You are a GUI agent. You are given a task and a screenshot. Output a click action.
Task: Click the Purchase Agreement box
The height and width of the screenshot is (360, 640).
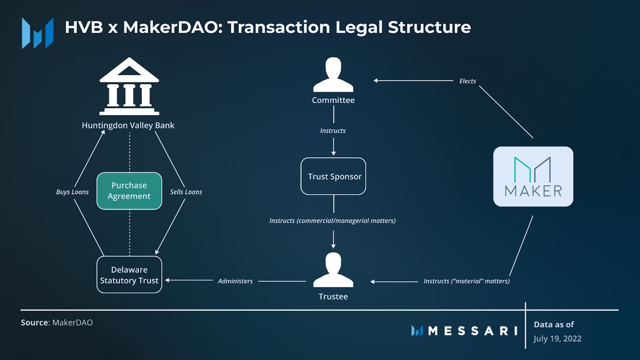[129, 191]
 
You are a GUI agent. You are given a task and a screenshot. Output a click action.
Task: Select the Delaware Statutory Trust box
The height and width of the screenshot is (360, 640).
[129, 275]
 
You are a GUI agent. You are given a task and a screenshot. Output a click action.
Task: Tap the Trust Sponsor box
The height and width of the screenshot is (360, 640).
[333, 176]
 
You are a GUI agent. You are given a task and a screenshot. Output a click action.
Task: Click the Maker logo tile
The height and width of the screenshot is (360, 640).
[533, 176]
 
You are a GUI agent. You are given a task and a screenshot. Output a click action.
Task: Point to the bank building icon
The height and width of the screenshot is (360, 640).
[129, 87]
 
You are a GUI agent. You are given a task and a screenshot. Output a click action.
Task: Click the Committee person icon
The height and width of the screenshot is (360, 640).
[333, 75]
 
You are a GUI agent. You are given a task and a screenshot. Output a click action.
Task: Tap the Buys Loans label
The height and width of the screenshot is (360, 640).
[72, 192]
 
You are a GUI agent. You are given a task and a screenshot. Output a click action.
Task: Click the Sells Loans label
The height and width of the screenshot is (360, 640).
[186, 192]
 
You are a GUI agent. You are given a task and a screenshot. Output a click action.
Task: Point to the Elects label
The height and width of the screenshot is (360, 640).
[468, 81]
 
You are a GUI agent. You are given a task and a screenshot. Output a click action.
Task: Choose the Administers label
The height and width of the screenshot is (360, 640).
[235, 281]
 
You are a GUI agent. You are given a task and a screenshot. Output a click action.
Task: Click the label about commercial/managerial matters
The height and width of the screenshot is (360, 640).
[332, 220]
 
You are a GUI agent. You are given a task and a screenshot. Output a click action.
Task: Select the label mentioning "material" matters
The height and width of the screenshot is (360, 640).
[466, 281]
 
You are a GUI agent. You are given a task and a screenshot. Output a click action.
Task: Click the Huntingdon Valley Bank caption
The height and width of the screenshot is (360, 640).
[128, 125]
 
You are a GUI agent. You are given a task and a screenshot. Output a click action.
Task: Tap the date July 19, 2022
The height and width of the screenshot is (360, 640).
[557, 338]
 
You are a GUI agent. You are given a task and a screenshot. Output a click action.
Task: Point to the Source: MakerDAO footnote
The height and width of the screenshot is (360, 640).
[57, 323]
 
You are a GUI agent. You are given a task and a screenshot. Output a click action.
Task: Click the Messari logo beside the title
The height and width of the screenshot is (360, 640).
[38, 33]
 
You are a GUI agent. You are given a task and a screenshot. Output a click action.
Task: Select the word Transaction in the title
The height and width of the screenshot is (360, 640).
[278, 27]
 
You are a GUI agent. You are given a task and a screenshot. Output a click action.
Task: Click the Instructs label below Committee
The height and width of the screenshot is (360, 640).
[333, 131]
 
